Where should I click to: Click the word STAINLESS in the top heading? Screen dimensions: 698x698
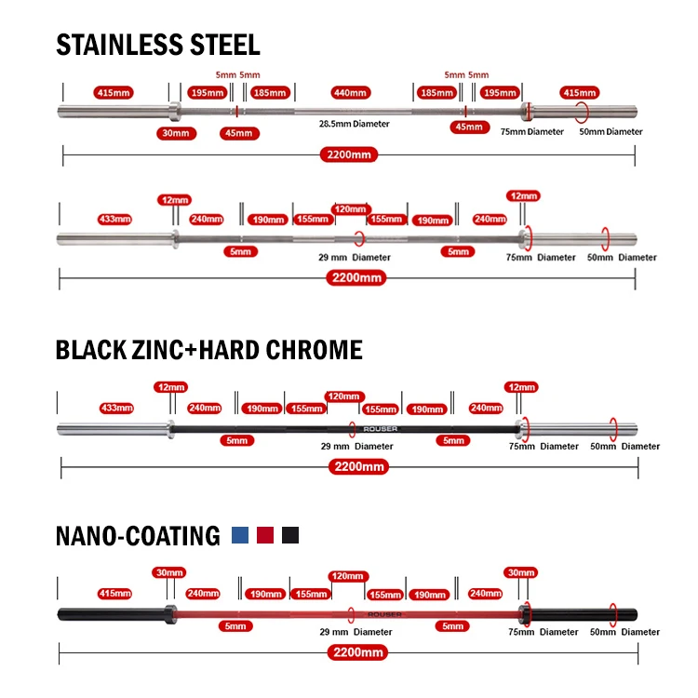coord(119,45)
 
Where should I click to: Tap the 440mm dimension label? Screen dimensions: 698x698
coord(351,92)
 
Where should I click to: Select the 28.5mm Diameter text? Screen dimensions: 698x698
coord(354,124)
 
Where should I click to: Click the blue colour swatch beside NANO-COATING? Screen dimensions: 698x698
coord(240,535)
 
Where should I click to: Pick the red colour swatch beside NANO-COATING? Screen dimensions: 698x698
coord(265,535)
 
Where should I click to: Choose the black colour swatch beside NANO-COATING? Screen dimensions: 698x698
coord(290,535)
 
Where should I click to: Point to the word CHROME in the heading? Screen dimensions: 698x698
coord(314,350)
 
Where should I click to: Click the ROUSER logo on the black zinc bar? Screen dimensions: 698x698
coord(380,429)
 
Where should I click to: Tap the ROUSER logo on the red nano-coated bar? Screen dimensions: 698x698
coord(384,615)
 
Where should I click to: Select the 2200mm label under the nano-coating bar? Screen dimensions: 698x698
coord(358,652)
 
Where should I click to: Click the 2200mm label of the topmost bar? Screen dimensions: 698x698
coord(349,154)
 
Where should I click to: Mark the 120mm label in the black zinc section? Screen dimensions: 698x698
coord(344,396)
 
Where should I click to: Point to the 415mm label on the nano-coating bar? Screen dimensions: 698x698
coord(114,594)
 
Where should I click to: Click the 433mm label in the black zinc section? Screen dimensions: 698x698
coord(116,408)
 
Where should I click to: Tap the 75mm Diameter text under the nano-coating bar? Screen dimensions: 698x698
coord(544,632)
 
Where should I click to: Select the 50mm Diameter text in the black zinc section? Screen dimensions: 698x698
coord(625,446)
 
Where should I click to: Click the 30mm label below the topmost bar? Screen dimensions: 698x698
coord(176,133)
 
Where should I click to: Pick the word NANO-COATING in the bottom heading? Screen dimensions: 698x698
coord(138,535)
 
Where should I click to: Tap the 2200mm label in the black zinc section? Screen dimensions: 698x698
coord(359,467)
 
